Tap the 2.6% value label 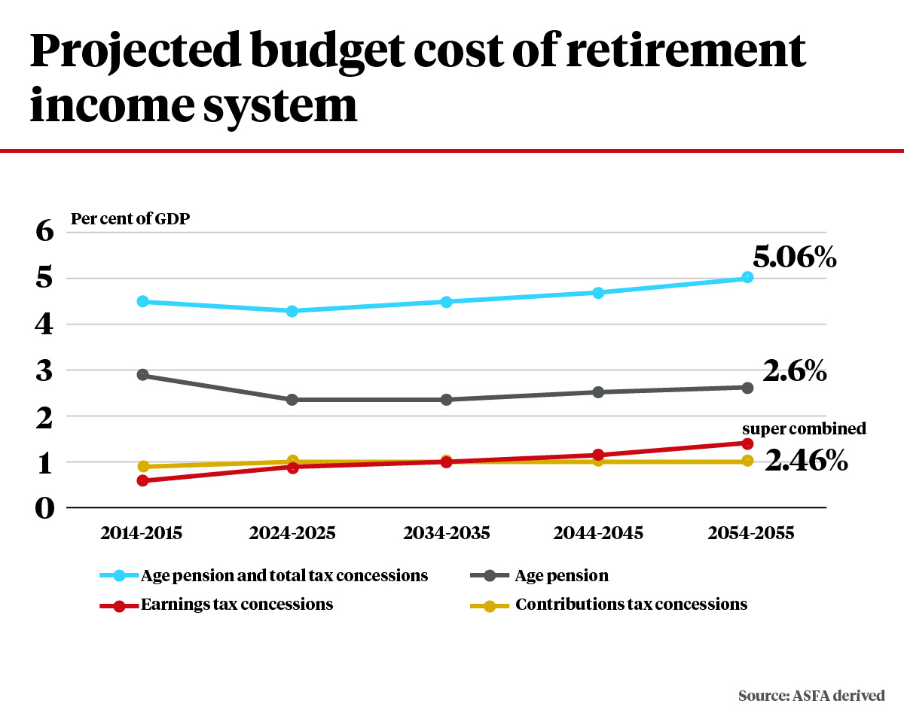pos(794,371)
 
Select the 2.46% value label pos(806,460)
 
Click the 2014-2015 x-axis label pos(142,533)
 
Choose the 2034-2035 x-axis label pos(446,533)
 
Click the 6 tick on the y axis pos(45,231)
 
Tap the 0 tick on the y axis pos(45,508)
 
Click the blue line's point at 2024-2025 pos(293,311)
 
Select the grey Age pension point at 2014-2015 pos(142,375)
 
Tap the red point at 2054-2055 pos(747,443)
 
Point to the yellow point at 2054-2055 pos(747,460)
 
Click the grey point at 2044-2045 pos(598,391)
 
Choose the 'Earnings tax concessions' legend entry pos(237,605)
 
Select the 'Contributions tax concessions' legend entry pos(631,605)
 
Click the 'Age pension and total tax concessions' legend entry pos(284,576)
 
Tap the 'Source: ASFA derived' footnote pos(811,696)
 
